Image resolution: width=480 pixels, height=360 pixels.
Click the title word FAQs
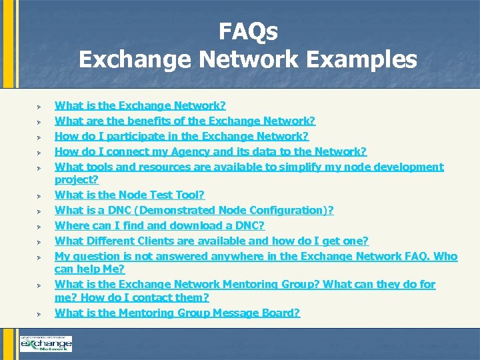[248, 32]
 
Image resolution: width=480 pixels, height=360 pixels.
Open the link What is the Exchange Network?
[140, 105]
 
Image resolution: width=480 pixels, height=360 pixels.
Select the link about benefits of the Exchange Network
[185, 121]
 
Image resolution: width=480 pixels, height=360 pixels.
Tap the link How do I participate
[181, 136]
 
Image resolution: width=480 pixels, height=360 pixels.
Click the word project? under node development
[76, 180]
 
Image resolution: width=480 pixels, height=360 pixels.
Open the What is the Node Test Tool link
[129, 195]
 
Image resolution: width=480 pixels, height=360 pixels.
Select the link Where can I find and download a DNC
[159, 225]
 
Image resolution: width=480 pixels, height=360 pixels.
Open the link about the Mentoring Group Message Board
[177, 313]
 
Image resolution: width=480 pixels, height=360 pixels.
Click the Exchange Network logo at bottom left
[45, 343]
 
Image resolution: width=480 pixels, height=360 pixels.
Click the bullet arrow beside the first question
[39, 107]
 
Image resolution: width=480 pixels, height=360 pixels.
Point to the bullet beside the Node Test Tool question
[39, 196]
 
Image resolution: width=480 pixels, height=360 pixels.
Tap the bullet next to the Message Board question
[39, 314]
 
